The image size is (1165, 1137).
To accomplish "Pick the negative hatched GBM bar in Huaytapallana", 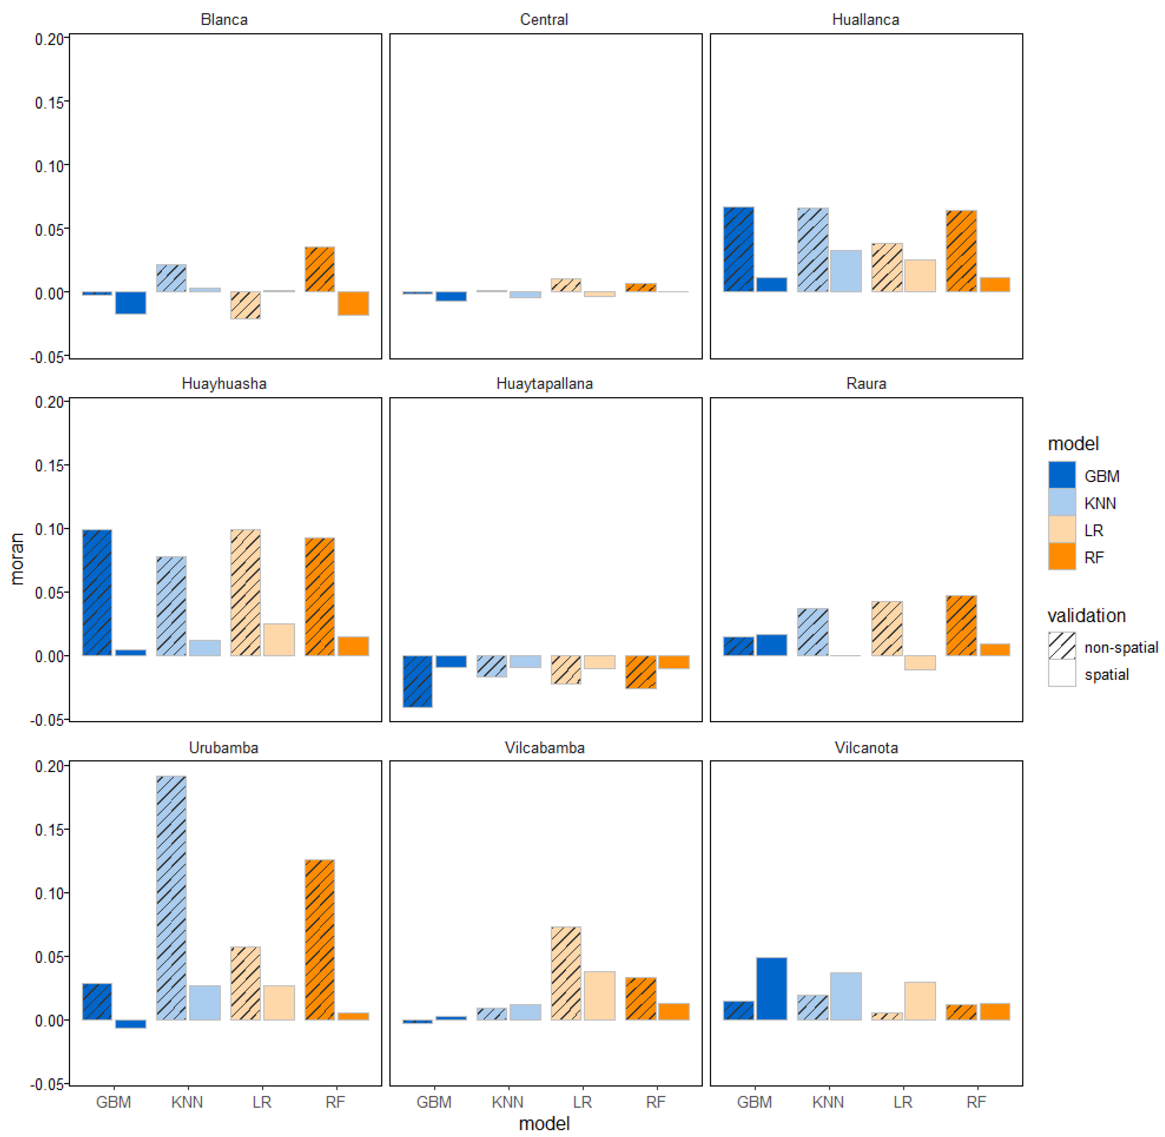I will tap(417, 681).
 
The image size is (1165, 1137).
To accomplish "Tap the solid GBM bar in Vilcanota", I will tap(771, 988).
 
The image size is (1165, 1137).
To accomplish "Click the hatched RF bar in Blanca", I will tap(319, 269).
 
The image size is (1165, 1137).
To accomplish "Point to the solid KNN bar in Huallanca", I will tap(845, 270).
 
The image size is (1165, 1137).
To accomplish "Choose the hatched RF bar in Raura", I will tap(961, 625).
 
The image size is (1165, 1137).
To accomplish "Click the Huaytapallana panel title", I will tap(544, 383).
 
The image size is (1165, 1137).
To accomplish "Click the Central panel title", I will tap(544, 20).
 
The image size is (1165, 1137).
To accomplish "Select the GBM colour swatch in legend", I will tap(1061, 475).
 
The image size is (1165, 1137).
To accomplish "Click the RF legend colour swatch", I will tap(1061, 556).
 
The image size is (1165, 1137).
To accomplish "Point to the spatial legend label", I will tap(1106, 674).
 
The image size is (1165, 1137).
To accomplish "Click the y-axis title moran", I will tap(17, 558).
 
